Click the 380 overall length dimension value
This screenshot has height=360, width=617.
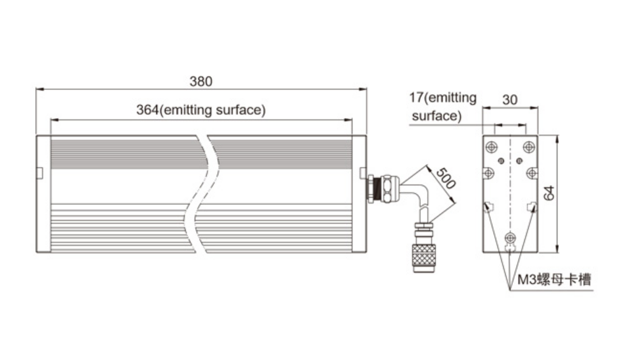tap(201, 81)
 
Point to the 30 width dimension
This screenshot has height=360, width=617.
tap(510, 100)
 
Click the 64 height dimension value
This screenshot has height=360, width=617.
tap(548, 193)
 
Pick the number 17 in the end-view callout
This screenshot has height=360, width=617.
tap(416, 98)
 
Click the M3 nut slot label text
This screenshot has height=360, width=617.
tap(554, 280)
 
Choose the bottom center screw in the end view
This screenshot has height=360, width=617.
tap(510, 239)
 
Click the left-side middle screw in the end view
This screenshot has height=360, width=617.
tap(488, 173)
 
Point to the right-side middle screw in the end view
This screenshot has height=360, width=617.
tap(531, 173)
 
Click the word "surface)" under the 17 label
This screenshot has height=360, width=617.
tap(436, 116)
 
